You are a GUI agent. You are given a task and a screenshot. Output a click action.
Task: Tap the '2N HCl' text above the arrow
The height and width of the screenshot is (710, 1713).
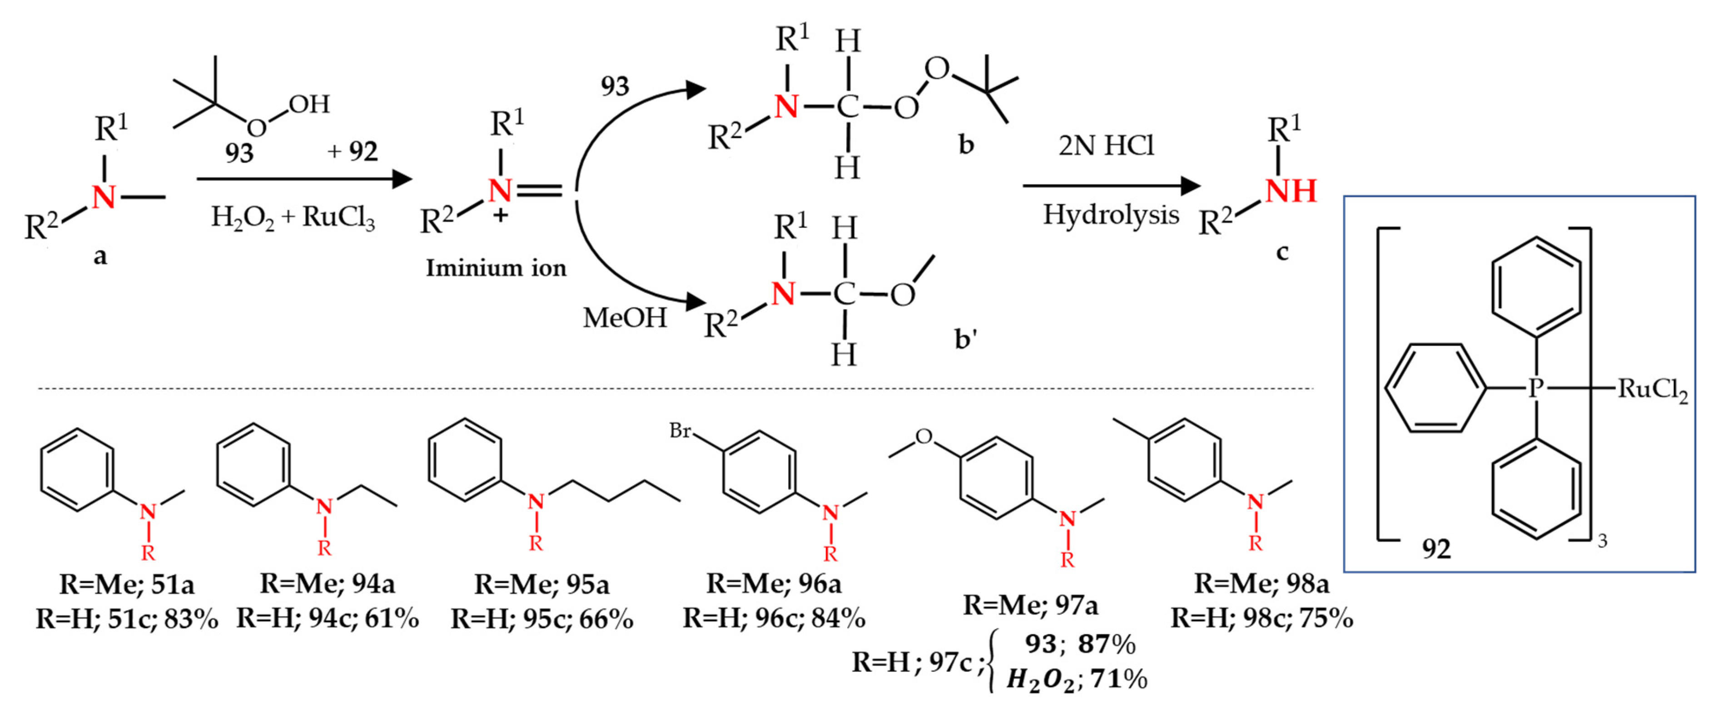(1106, 146)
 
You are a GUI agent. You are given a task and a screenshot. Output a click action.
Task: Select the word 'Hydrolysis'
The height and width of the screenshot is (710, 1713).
(1111, 215)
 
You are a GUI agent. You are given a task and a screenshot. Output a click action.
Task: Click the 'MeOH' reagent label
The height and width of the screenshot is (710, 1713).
(625, 318)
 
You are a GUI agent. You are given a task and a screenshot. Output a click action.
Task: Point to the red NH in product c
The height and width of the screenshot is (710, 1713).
(1290, 192)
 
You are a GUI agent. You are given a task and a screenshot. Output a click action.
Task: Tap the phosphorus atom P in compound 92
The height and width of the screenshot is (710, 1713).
(1535, 388)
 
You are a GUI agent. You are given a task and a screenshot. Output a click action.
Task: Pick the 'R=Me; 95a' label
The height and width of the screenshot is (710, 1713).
(541, 584)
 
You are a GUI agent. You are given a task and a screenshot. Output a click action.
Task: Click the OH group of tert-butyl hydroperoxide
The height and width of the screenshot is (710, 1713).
(309, 104)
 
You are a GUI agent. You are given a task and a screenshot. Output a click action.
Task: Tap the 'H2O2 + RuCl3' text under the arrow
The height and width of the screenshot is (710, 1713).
(293, 217)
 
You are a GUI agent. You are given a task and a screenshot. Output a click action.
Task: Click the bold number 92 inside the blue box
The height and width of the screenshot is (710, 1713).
(1436, 549)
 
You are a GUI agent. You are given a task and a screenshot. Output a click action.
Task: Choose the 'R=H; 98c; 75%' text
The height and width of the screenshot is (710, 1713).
(1261, 618)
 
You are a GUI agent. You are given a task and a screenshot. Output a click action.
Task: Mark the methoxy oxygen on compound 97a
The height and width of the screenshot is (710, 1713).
(924, 437)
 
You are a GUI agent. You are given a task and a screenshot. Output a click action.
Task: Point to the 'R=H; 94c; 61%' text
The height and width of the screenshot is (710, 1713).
(327, 618)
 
